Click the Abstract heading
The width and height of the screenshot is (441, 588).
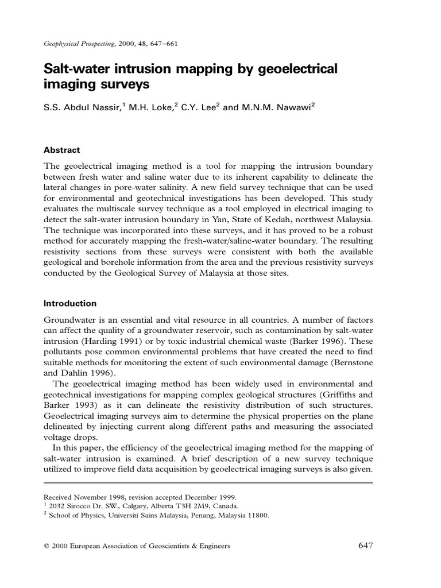(62, 150)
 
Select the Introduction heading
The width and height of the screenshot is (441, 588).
(70, 303)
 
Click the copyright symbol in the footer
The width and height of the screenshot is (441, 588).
(47, 546)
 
